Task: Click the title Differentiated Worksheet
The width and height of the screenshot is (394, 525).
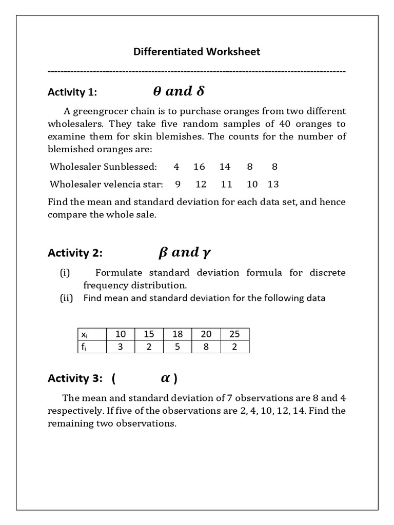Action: point(196,51)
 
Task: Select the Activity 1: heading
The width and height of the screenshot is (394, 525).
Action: point(72,92)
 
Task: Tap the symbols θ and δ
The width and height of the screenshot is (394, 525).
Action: point(179,91)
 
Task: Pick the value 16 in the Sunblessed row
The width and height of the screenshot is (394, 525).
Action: point(199,167)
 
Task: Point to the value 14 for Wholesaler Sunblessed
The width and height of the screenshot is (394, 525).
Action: point(225,167)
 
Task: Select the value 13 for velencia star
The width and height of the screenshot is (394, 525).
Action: point(273,184)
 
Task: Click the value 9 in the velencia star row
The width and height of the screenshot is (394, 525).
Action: point(178,184)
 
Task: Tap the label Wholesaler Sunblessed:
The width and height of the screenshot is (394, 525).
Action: point(103,167)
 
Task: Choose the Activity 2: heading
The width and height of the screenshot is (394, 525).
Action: point(75,253)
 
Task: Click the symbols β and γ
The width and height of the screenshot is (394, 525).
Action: point(185,252)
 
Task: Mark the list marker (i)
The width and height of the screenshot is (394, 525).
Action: point(65,273)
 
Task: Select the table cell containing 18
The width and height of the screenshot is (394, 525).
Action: point(178,334)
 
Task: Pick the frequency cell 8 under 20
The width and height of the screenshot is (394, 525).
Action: point(206,347)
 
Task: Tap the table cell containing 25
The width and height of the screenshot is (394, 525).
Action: point(234,334)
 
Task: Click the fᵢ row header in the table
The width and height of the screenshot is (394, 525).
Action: point(83,347)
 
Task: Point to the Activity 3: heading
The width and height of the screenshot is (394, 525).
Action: point(75,378)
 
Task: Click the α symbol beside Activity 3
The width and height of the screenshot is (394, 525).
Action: point(165,378)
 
